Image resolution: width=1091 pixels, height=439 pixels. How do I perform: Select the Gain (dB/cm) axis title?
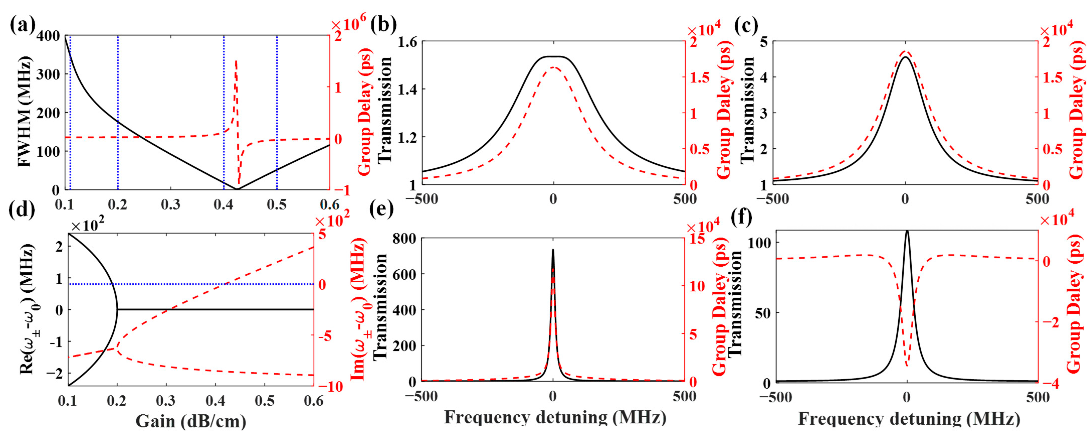191,421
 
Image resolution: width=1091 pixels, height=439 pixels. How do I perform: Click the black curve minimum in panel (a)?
237,189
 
